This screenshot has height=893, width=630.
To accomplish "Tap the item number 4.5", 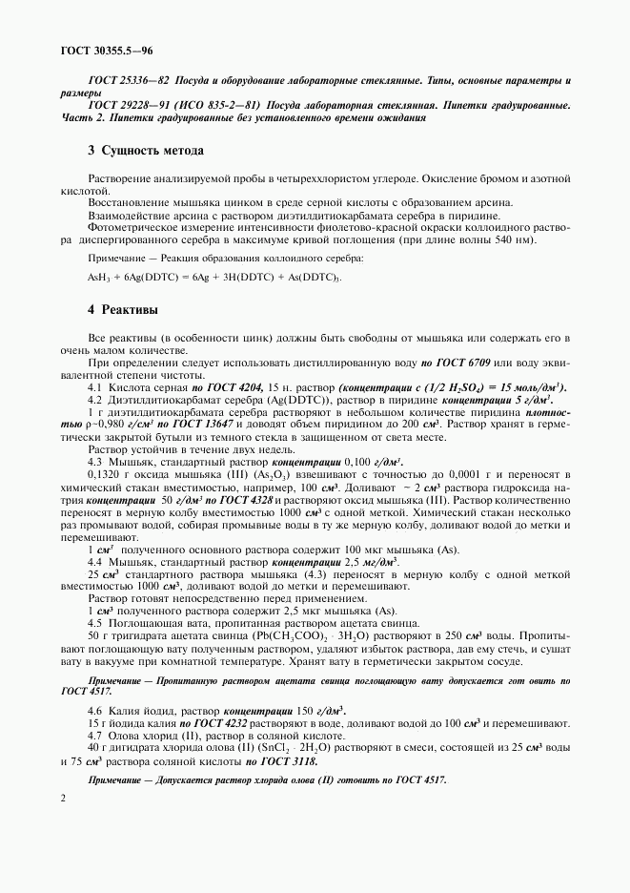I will (x=94, y=622).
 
